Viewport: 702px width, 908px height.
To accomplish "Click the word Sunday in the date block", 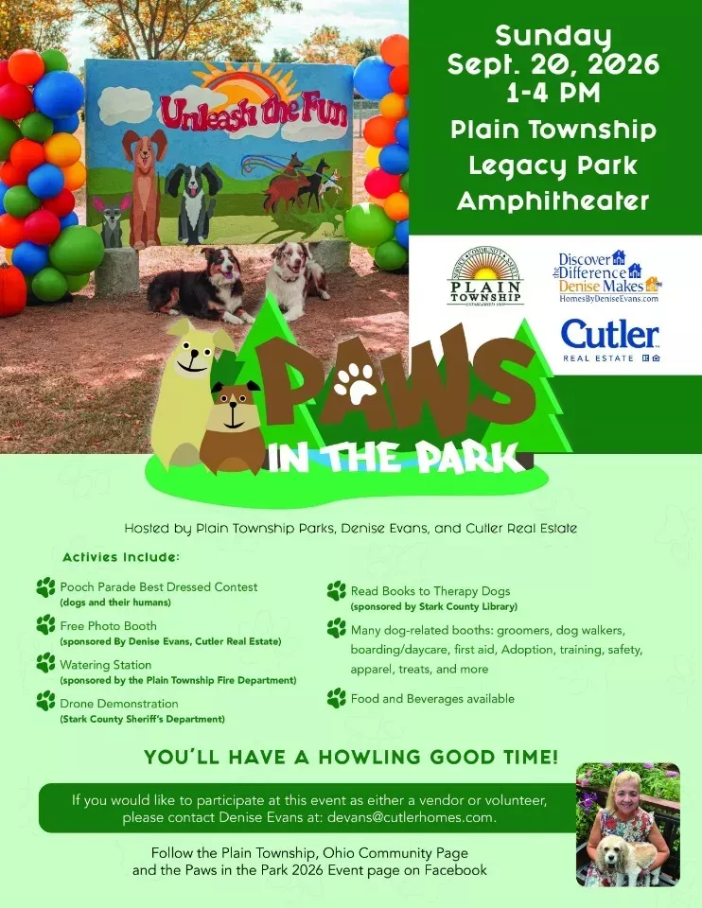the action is click(x=553, y=37).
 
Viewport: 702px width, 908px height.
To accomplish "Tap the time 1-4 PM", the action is click(x=553, y=93).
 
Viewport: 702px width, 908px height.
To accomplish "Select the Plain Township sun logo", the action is click(x=486, y=275).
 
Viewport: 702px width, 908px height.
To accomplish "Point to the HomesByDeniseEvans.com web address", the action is click(x=608, y=299).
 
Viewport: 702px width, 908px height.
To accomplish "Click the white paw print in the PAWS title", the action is click(x=355, y=383).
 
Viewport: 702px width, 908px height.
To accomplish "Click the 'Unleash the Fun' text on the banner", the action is click(x=254, y=113).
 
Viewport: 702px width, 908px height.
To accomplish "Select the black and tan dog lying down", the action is click(x=200, y=287).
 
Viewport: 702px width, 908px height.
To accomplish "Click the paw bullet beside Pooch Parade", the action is click(x=45, y=587).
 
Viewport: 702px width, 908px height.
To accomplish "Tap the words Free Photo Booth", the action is click(x=108, y=626).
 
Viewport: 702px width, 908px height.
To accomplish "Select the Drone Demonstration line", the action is click(x=119, y=704).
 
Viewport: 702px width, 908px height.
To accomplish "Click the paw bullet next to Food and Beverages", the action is click(x=337, y=698).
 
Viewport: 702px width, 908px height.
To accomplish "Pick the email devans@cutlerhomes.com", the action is click(x=411, y=817).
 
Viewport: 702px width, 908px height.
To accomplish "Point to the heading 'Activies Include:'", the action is click(x=121, y=557).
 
